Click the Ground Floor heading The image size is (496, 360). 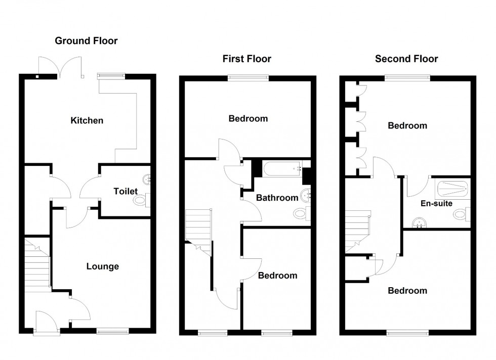pyautogui.click(x=86, y=41)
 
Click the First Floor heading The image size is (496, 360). pyautogui.click(x=246, y=59)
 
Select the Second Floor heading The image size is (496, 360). pyautogui.click(x=406, y=59)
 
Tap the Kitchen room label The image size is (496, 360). pyautogui.click(x=87, y=120)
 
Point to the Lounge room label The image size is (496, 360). pyautogui.click(x=102, y=266)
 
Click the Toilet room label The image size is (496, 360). pyautogui.click(x=126, y=192)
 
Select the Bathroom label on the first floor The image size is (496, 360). pyautogui.click(x=276, y=198)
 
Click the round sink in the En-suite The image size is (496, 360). pyautogui.click(x=419, y=221)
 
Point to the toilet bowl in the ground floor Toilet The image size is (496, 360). pyautogui.click(x=139, y=201)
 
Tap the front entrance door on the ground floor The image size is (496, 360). pyautogui.click(x=47, y=322)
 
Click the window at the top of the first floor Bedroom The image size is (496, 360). pyautogui.click(x=248, y=77)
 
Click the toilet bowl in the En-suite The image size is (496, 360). pyautogui.click(x=461, y=214)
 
